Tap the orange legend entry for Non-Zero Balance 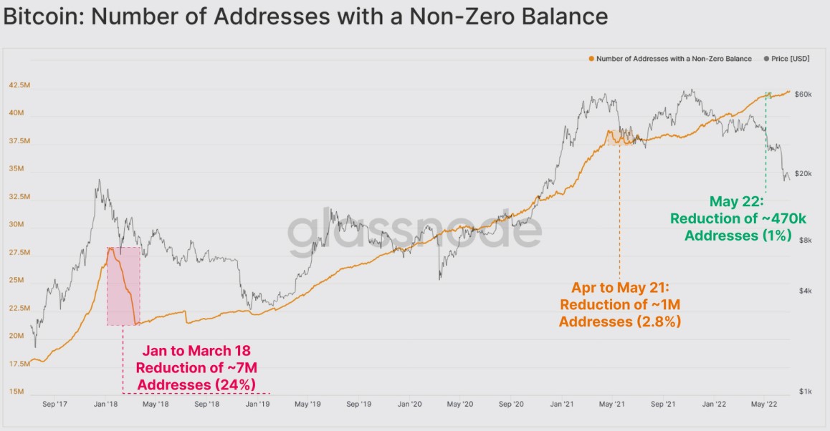tap(674, 59)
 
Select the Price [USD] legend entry tap(789, 59)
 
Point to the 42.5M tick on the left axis tap(19, 85)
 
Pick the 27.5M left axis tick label tap(19, 253)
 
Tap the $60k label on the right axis tap(803, 95)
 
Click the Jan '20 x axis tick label tap(409, 405)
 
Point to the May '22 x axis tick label tap(764, 405)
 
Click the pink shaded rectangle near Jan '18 tap(123, 286)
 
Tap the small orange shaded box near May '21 tap(619, 137)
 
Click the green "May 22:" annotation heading tap(738, 201)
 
